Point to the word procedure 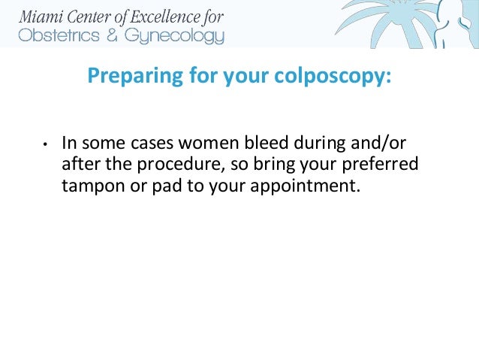[x=160, y=164]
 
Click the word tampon [x=89, y=186]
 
